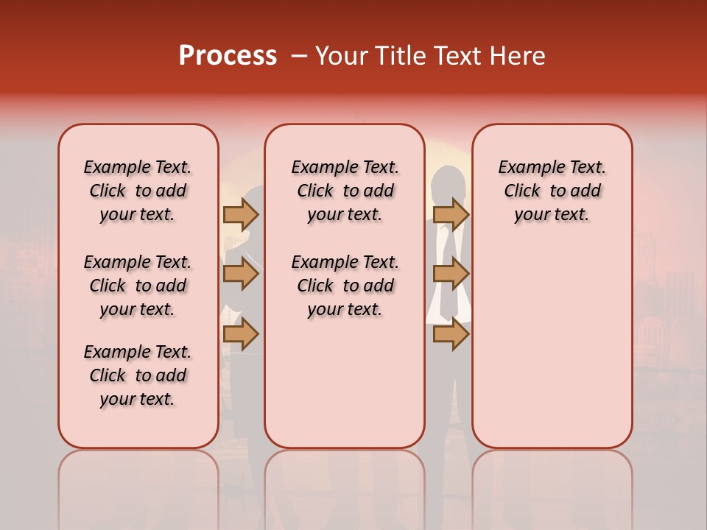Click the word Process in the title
click(227, 56)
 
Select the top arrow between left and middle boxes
click(240, 214)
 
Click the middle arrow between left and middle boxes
click(240, 274)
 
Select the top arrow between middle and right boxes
click(451, 214)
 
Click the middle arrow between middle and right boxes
click(451, 274)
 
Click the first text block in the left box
click(138, 191)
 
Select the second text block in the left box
click(138, 286)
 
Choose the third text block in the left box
click(138, 375)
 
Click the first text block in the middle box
click(345, 191)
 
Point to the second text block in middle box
click(345, 286)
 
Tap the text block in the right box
click(552, 191)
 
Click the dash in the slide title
click(298, 56)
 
